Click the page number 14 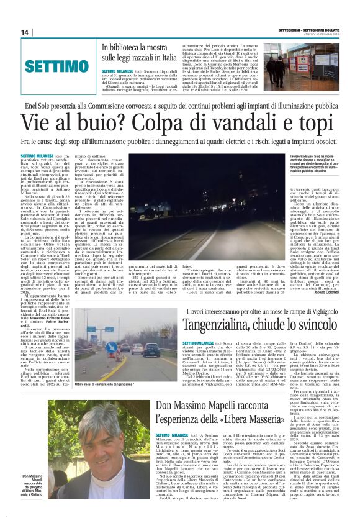[x=25, y=33]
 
